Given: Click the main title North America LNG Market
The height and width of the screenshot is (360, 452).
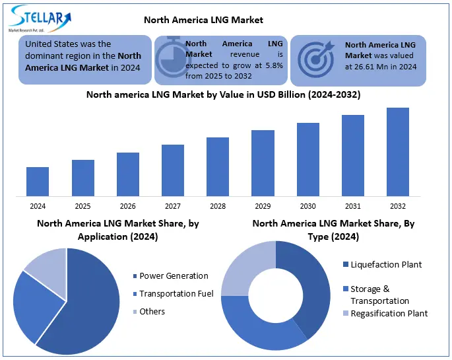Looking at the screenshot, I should pos(203,20).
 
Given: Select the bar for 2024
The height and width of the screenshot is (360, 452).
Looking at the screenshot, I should pos(38,181).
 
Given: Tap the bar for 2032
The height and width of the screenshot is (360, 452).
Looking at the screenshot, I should pos(398,151).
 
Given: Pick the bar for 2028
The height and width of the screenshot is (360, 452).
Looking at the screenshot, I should pos(218,166).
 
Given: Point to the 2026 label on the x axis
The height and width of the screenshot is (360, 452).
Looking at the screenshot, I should pos(128,206).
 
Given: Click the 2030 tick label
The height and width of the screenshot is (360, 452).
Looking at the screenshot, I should pos(308,206).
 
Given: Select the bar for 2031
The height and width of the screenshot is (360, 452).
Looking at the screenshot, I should pos(353,155).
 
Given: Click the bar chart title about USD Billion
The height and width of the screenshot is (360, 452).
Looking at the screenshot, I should pos(223,94).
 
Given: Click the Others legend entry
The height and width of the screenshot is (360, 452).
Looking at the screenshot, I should pos(152,311).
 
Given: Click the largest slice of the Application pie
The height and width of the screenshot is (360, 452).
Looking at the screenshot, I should pos(86,304).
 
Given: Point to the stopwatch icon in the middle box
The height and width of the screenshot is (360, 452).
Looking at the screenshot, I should pos(170,58).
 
